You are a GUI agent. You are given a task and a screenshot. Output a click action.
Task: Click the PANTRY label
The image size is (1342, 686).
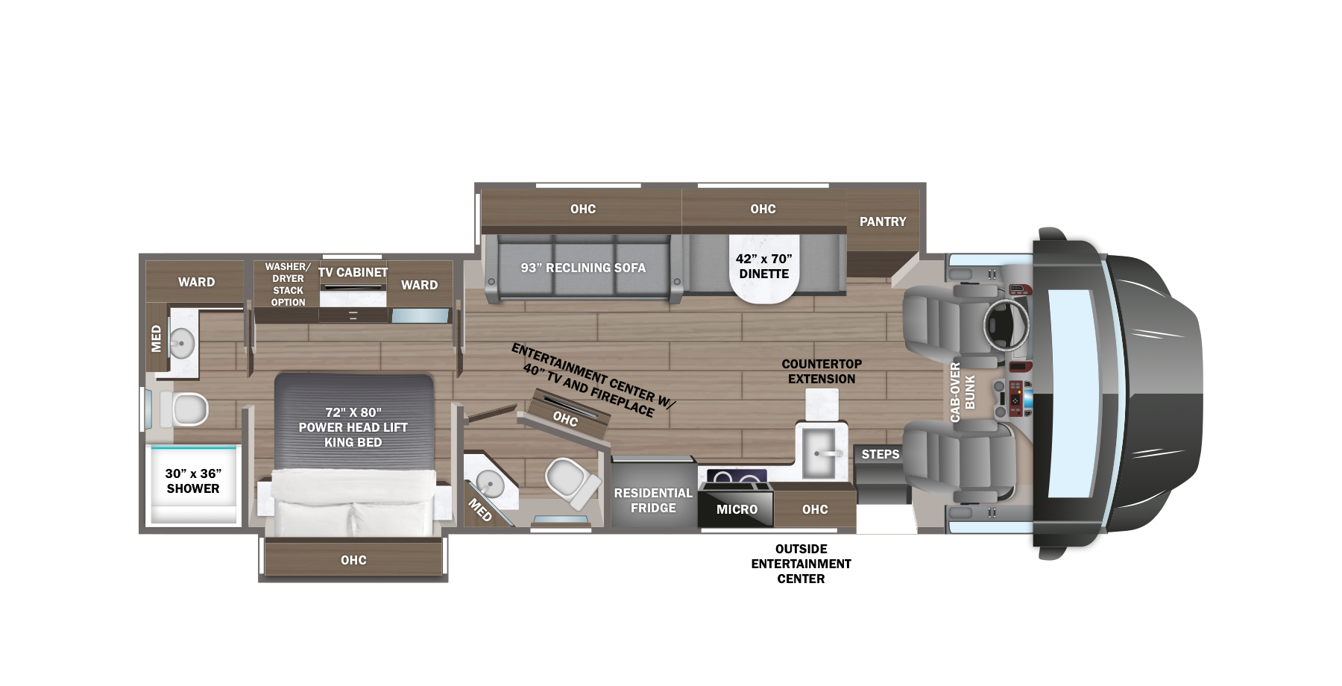pyautogui.click(x=882, y=221)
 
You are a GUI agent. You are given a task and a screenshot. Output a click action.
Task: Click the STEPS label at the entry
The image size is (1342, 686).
pyautogui.click(x=880, y=454)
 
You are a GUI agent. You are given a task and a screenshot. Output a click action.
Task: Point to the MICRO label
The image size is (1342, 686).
pyautogui.click(x=737, y=509)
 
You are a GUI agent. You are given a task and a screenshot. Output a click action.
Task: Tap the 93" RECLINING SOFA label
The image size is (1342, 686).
pyautogui.click(x=583, y=268)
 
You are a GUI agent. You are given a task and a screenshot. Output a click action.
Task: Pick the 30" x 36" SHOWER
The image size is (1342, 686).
pyautogui.click(x=193, y=482)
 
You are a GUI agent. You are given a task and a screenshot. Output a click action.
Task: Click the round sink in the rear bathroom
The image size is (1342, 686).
pyautogui.click(x=181, y=344)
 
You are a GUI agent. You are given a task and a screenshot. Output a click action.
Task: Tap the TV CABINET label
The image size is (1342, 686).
pyautogui.click(x=353, y=273)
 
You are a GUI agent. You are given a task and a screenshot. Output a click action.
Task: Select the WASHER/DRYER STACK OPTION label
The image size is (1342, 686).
pyautogui.click(x=288, y=284)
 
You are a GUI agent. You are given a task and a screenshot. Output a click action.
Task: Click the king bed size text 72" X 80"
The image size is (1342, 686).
pyautogui.click(x=353, y=412)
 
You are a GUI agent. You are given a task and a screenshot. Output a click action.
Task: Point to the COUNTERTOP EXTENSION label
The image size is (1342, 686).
pyautogui.click(x=822, y=371)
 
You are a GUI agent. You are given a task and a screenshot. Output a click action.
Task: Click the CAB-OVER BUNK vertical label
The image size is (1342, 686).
pyautogui.click(x=962, y=392)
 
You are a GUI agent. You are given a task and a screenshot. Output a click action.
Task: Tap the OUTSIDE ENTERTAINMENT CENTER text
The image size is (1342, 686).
pyautogui.click(x=801, y=564)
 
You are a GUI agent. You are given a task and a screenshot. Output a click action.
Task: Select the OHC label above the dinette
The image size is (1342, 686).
pyautogui.click(x=763, y=210)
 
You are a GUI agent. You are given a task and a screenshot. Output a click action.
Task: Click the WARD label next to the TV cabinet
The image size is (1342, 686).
pyautogui.click(x=419, y=285)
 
